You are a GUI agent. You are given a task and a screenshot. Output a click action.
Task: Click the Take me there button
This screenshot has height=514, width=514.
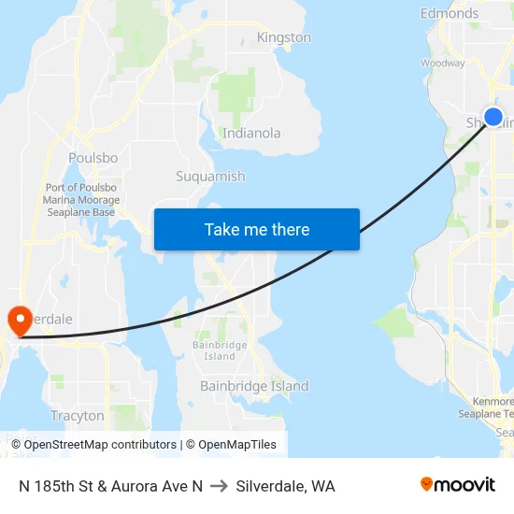pos(257,229)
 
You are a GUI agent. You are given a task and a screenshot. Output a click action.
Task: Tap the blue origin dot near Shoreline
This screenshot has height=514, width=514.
pos(493,118)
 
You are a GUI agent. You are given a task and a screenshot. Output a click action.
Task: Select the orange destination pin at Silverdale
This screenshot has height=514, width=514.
pos(19,321)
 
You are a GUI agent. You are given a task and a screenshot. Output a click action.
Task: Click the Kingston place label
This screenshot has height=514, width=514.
pos(283,37)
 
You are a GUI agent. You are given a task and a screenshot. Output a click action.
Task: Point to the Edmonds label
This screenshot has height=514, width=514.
pos(450,13)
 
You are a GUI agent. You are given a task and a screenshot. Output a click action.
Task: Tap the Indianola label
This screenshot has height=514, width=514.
pos(251,133)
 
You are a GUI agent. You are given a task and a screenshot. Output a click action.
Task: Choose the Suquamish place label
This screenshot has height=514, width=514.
pos(210,176)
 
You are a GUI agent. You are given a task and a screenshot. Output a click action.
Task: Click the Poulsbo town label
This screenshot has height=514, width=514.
pos(93,158)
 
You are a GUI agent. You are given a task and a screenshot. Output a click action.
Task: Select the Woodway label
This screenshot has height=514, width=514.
pos(443,63)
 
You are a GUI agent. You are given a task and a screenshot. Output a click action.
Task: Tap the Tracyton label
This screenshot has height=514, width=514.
pos(78,415)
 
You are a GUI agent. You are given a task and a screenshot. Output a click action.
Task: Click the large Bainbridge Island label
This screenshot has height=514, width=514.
pos(254,386)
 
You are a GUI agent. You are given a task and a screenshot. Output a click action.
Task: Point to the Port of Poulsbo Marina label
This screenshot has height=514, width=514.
pos(80,200)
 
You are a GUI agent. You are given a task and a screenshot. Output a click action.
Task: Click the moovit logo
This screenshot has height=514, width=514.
pos(458,485)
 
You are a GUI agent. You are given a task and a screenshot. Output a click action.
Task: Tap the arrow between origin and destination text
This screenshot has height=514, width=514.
pos(220,486)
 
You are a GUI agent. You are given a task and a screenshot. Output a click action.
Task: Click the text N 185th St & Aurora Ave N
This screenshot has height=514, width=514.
pos(110,486)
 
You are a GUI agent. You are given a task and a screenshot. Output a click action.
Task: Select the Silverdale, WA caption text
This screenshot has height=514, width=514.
pos(285,486)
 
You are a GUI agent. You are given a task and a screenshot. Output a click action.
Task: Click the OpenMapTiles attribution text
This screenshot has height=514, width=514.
pos(234,445)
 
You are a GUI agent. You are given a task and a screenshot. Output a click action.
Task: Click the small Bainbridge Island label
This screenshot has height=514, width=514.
pos(220,350)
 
